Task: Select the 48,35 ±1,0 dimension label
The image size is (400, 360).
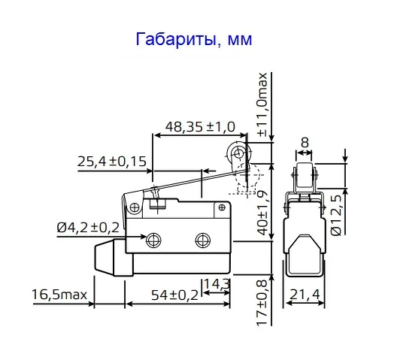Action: [x=195, y=126]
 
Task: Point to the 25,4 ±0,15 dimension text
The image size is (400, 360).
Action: [x=111, y=160]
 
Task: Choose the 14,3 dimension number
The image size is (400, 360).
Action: [x=217, y=284]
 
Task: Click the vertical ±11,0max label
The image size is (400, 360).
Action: [x=262, y=104]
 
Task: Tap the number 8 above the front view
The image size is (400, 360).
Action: [x=304, y=141]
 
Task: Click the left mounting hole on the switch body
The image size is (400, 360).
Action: [x=154, y=241]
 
